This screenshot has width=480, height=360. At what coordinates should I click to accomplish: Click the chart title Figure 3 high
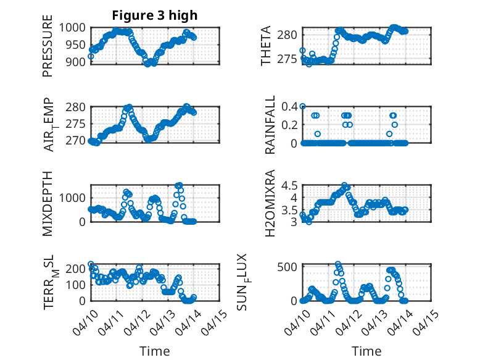click(x=155, y=15)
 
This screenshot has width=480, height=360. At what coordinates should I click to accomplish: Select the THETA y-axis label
click(x=266, y=46)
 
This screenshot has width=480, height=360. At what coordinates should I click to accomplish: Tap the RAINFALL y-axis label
click(x=270, y=125)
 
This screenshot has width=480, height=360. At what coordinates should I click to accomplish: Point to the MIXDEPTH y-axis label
click(x=48, y=204)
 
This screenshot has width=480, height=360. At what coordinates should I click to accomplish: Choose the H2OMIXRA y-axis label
click(x=270, y=204)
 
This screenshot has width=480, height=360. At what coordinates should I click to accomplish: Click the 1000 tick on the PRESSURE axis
click(x=75, y=28)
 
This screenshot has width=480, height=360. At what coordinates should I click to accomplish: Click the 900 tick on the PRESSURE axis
click(x=78, y=62)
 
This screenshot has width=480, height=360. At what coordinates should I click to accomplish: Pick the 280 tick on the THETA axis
click(x=289, y=33)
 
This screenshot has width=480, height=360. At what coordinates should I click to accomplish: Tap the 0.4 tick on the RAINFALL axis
click(x=290, y=106)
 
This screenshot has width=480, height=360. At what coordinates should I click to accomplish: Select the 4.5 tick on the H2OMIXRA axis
click(x=290, y=185)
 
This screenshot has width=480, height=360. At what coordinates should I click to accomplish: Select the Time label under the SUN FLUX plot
click(x=366, y=351)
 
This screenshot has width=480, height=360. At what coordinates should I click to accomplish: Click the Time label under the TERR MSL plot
click(x=155, y=351)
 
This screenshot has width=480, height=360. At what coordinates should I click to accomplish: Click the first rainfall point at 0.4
click(x=302, y=106)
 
